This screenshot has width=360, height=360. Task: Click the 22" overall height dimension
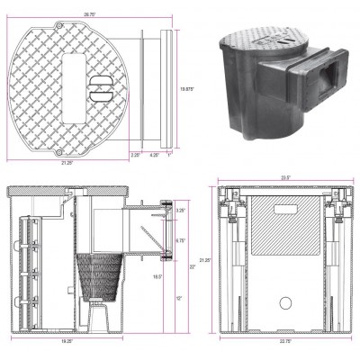pyautogui.click(x=191, y=266)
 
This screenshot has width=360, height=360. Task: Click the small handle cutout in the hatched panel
pyautogui.click(x=290, y=205)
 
